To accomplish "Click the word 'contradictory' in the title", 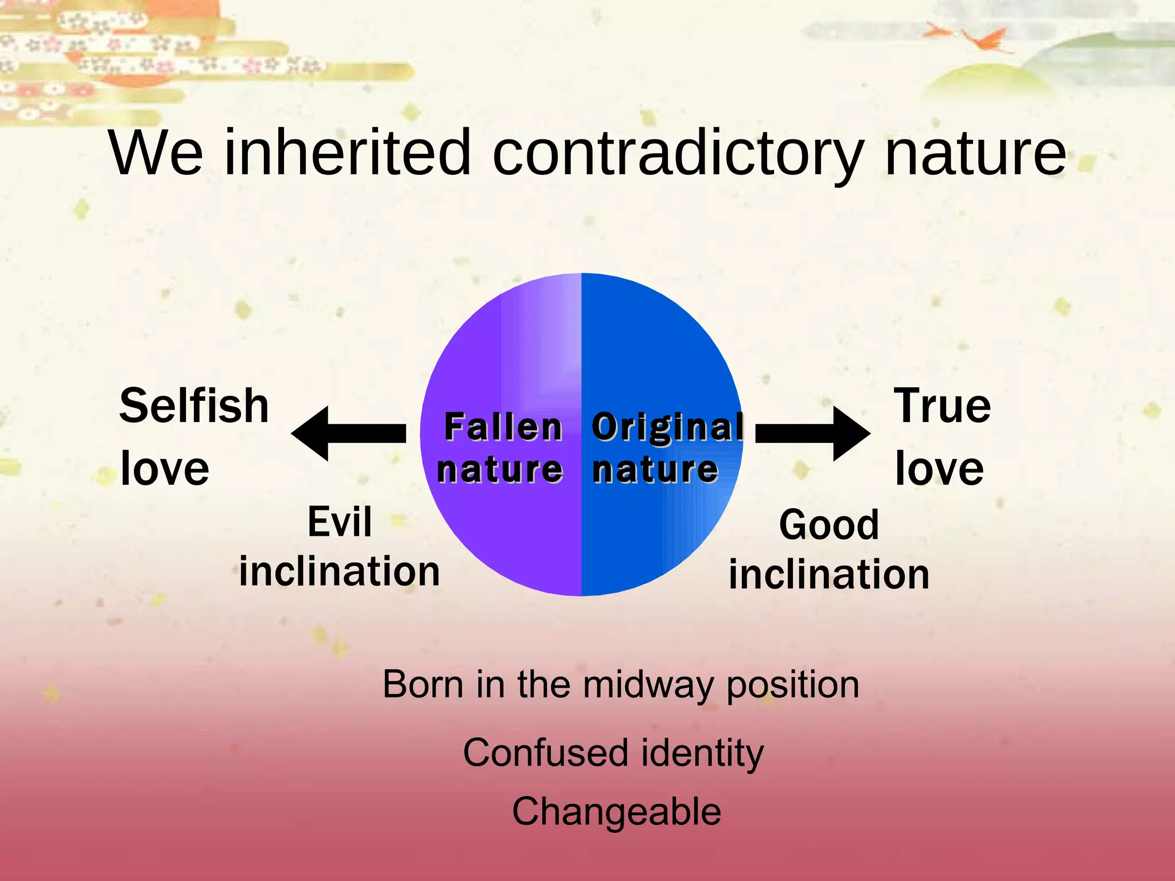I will click(677, 154).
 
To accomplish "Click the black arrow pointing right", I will click(812, 434).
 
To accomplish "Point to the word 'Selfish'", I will click(194, 406).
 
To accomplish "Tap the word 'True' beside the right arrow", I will click(942, 406).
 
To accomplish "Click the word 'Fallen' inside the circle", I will click(503, 427).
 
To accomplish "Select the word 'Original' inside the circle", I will click(667, 427).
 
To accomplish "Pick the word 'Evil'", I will click(340, 522).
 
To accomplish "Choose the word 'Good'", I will click(828, 525).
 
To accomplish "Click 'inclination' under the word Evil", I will click(340, 571).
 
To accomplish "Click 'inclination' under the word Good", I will click(828, 575).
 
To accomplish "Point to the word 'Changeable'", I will click(616, 812).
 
